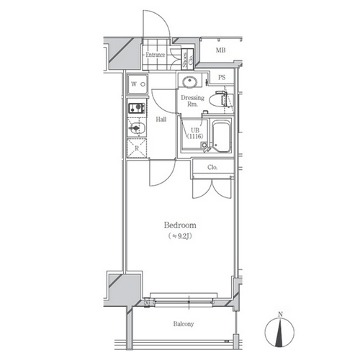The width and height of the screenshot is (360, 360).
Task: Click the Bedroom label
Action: click(x=180, y=225)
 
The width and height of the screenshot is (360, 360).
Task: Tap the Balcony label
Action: click(x=184, y=324)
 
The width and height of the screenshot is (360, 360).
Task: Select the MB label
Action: click(x=220, y=50)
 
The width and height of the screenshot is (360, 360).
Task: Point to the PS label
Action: click(x=222, y=77)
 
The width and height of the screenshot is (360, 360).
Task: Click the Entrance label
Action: click(x=156, y=55)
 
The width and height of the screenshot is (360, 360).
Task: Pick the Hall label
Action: click(x=161, y=119)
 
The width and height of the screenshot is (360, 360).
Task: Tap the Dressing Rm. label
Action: click(x=192, y=101)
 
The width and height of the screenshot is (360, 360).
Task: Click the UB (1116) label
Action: click(x=195, y=133)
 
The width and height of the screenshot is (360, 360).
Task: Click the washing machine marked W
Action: click(x=138, y=84)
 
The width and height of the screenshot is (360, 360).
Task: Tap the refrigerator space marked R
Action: click(x=137, y=148)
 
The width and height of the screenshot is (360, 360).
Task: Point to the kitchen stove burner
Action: click(x=137, y=108)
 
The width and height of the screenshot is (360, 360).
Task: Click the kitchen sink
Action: click(x=137, y=128)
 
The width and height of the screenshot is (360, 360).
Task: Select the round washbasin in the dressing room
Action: click(x=190, y=81)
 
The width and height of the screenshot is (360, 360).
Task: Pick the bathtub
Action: click(x=221, y=137)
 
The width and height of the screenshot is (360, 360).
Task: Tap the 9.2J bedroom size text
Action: click(x=180, y=236)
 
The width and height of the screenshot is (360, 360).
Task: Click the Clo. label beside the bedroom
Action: click(x=212, y=167)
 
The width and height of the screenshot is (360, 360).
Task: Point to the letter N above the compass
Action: click(x=280, y=314)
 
